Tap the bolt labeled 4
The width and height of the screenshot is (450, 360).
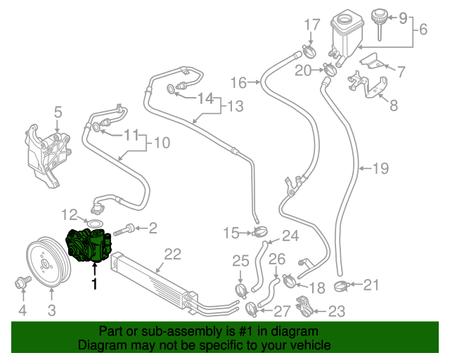click(x=22, y=283)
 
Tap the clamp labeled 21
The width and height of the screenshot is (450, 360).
click(x=342, y=285)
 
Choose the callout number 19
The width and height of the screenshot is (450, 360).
click(x=380, y=168)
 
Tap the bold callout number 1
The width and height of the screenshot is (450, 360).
click(x=94, y=285)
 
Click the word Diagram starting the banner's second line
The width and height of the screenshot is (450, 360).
click(x=101, y=346)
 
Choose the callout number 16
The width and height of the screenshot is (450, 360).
click(x=238, y=82)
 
